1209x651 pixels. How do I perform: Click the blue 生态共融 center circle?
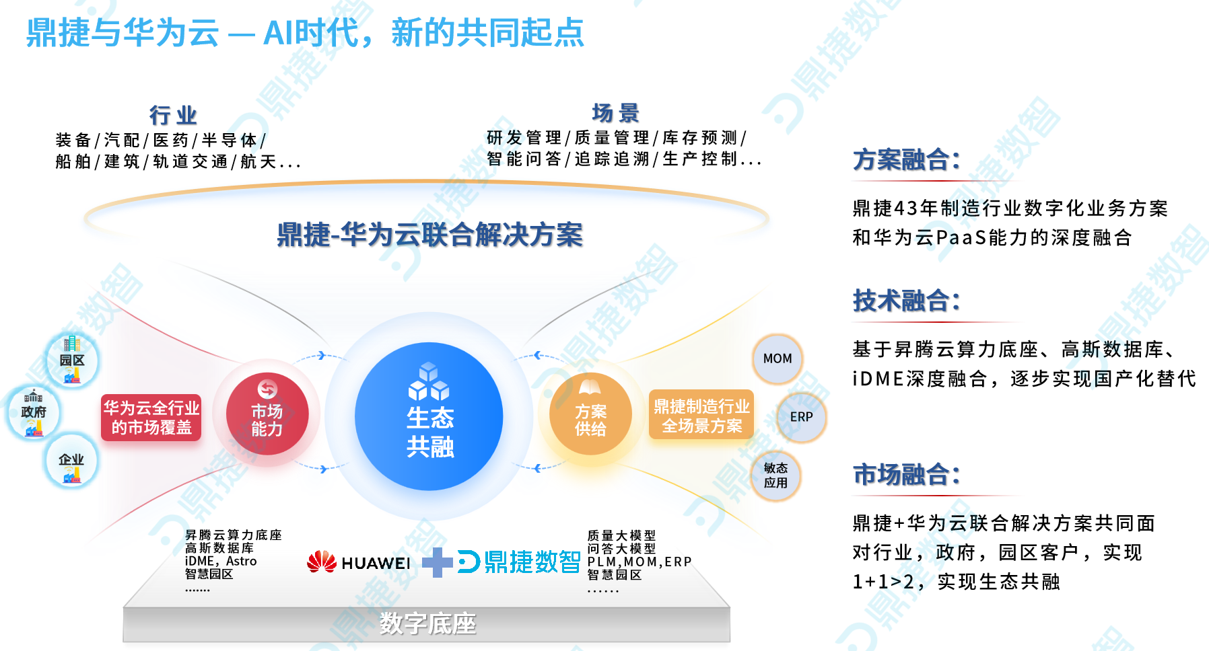tap(429, 416)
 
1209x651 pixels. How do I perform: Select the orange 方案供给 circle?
tap(590, 414)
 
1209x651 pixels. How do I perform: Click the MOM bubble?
tap(778, 359)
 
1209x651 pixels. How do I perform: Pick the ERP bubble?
tap(801, 417)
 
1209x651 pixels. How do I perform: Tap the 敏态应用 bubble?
tap(775, 475)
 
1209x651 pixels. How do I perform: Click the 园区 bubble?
tap(72, 360)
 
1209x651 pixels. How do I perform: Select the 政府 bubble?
tap(34, 412)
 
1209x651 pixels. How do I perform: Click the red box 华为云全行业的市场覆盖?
tap(151, 418)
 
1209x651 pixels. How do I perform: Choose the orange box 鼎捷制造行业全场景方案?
tap(701, 416)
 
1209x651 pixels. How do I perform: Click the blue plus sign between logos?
tap(438, 562)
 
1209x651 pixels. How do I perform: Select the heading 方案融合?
tap(906, 160)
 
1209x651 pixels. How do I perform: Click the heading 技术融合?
tap(906, 301)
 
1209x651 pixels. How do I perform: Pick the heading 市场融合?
tap(906, 475)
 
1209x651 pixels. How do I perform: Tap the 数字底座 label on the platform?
tap(427, 623)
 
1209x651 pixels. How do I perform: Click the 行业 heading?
tap(173, 116)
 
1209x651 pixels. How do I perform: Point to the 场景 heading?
tap(615, 113)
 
